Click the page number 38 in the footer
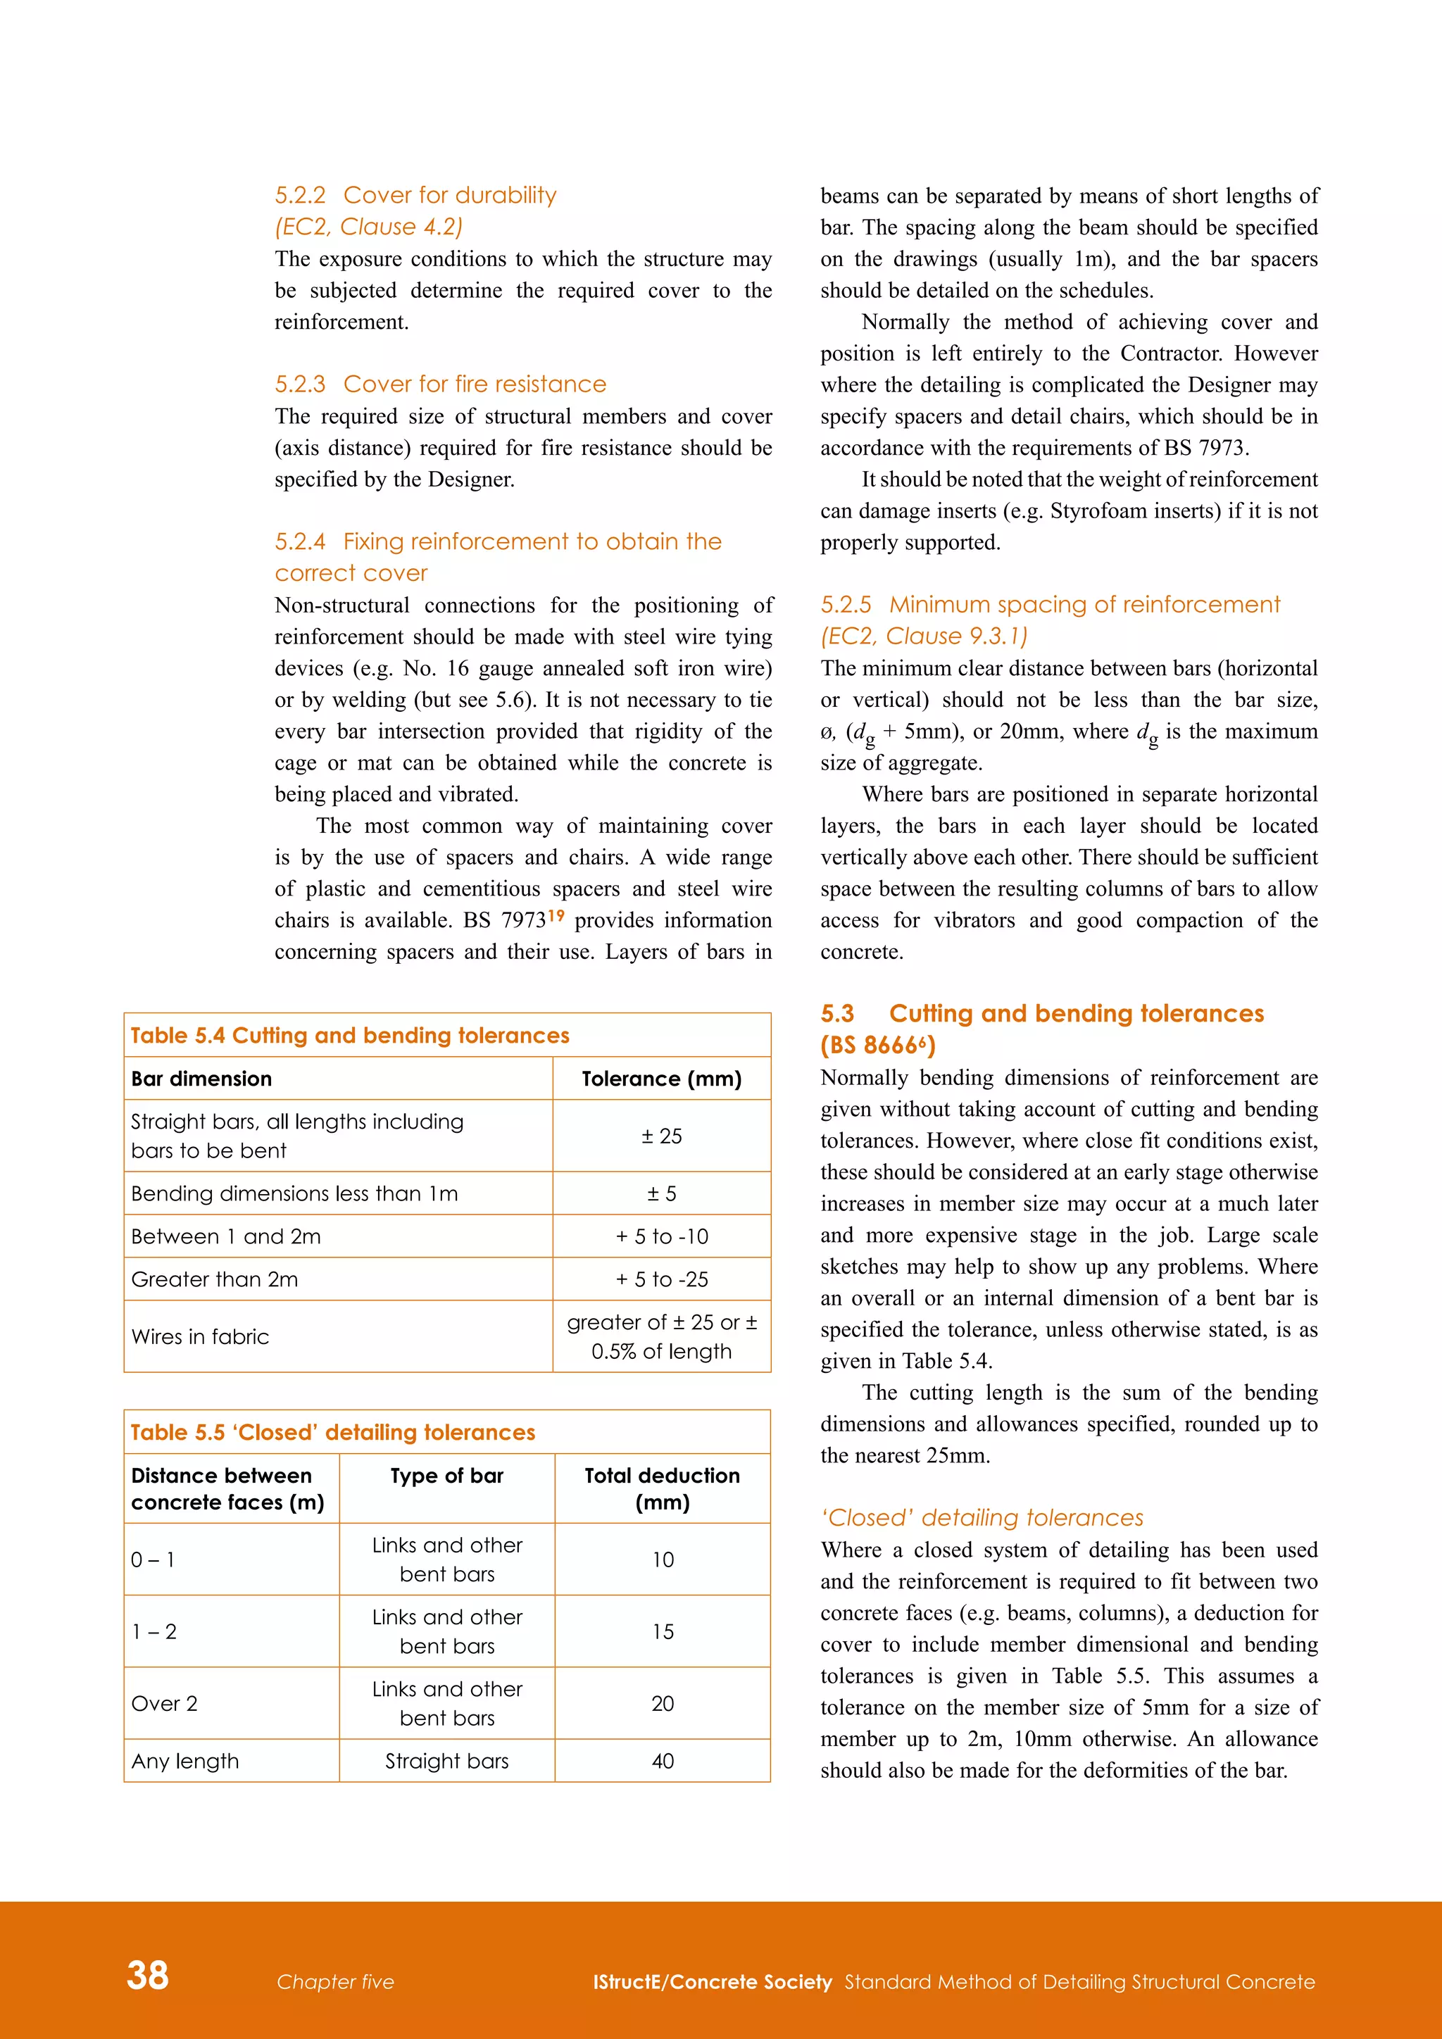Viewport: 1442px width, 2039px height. pos(147,1975)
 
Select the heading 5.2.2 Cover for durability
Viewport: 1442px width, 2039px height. pos(415,195)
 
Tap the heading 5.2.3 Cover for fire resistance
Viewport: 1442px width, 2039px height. pos(440,384)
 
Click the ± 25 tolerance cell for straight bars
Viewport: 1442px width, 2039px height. pos(662,1136)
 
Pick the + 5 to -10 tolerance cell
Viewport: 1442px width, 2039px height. pos(662,1236)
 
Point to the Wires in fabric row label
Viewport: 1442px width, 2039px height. pos(200,1336)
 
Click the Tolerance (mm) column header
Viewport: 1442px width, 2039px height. pos(662,1079)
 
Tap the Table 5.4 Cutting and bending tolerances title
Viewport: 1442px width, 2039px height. pos(350,1036)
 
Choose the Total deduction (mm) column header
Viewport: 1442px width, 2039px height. pos(662,1488)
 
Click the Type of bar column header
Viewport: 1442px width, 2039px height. pos(446,1476)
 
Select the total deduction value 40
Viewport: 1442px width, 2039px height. pos(663,1761)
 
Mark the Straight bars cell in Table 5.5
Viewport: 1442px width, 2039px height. pos(446,1761)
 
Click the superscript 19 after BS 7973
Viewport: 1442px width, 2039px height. pos(556,915)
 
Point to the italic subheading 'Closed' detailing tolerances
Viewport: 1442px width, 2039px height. pos(982,1518)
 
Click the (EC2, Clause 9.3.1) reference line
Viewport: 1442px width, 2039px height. pos(924,636)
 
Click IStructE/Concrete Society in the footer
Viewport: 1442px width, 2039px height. pos(712,1982)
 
